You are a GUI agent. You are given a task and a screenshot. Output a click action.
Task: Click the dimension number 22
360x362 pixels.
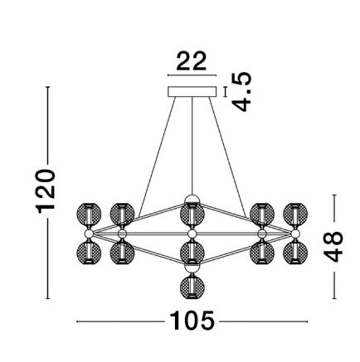pos(192,60)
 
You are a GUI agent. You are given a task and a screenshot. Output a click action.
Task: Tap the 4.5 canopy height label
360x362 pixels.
pos(241,92)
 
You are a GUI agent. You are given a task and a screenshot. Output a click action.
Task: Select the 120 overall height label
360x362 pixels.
pos(46,191)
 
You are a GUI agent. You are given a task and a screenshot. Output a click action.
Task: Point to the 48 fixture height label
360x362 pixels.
pos(333,247)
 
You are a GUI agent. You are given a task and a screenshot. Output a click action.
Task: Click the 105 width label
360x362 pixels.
pos(192,321)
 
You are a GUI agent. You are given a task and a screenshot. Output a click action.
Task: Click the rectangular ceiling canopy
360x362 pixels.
pos(192,92)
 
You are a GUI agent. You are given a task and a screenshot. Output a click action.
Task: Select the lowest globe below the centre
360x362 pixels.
pos(192,287)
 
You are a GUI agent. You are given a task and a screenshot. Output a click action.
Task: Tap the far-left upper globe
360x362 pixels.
pos(89,215)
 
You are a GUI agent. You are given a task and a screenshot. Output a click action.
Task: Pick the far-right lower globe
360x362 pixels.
pos(295,253)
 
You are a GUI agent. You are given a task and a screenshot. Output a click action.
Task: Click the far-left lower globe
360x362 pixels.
pos(89,253)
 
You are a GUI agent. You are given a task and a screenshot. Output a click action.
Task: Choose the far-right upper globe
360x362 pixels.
pos(295,215)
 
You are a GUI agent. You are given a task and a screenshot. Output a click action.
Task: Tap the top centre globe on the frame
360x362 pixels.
pos(192,215)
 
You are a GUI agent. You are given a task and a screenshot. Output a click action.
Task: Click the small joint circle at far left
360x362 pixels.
pos(89,234)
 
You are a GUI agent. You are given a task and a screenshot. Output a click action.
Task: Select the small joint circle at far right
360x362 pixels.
pos(295,234)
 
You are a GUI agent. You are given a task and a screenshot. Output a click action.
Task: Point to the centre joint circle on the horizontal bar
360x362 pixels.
pos(192,234)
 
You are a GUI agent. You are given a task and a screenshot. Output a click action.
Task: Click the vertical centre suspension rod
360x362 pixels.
pos(192,146)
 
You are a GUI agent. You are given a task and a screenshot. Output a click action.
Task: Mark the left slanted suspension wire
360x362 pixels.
pos(157,157)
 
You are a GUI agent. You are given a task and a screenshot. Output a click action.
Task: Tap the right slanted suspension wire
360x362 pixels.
pos(227,157)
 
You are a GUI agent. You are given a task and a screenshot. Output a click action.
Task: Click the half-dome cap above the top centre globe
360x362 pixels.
pos(192,199)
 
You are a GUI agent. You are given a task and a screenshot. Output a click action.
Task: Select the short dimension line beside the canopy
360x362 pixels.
pos(226,92)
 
